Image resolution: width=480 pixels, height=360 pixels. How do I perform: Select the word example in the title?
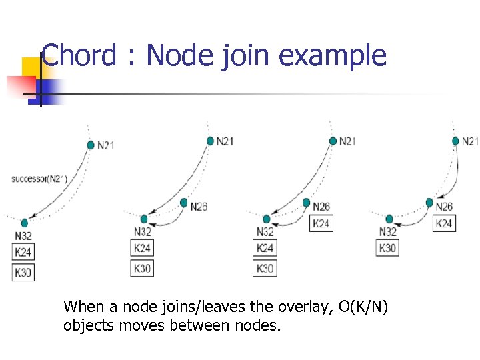333,56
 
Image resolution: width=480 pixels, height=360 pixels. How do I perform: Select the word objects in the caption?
87,326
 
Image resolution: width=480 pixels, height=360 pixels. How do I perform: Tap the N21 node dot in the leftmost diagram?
91,145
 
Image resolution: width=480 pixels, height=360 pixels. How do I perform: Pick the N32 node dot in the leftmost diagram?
25,223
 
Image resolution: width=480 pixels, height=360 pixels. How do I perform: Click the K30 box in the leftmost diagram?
23,272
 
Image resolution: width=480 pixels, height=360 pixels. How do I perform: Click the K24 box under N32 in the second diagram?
143,248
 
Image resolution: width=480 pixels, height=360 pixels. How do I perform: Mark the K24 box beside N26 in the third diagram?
321,223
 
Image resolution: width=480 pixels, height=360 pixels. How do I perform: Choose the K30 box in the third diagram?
265,268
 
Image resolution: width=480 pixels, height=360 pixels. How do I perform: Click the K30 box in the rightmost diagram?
388,248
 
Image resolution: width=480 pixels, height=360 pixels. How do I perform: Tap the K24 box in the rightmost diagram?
445,223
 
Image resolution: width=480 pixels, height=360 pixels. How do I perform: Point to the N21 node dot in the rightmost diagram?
456,141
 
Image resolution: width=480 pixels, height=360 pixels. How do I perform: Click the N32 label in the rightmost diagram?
389,232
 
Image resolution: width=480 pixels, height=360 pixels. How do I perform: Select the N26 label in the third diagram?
321,207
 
